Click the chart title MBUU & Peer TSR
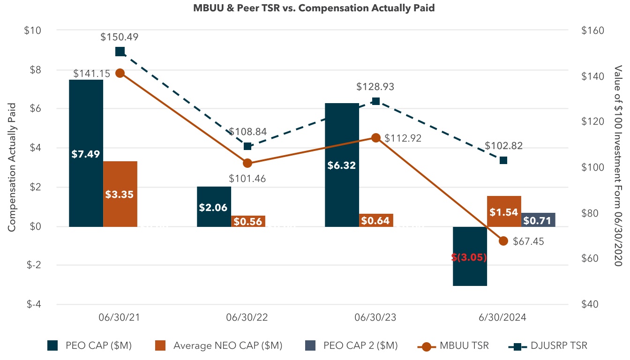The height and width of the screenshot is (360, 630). [314, 8]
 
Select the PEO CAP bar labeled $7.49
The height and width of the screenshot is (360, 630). [86, 153]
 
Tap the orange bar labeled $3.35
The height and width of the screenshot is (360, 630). [120, 194]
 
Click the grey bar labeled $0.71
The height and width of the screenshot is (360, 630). [538, 220]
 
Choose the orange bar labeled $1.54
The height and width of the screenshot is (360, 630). [504, 211]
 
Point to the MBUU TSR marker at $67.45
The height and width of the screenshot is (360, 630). [503, 241]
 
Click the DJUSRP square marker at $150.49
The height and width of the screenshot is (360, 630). [120, 52]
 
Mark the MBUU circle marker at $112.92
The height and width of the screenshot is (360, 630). [375, 138]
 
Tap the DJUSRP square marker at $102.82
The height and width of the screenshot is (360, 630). [503, 160]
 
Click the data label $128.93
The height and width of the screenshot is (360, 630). [375, 87]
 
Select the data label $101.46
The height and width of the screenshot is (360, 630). [247, 179]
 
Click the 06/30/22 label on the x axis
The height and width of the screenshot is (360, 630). [247, 317]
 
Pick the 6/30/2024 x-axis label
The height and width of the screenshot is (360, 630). [503, 317]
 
